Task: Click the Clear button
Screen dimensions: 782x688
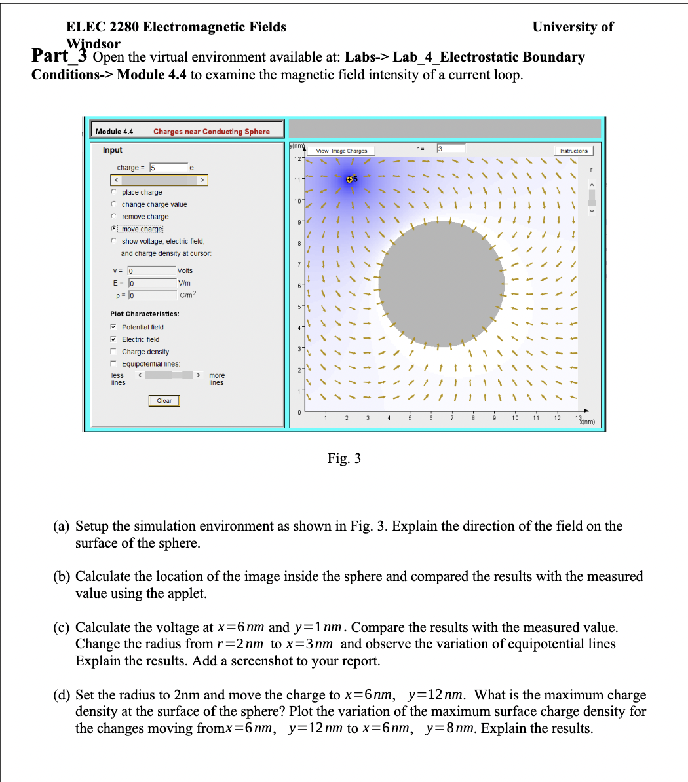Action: point(164,401)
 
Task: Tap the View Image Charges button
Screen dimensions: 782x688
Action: point(341,151)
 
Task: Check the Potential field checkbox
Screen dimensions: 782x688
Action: point(113,327)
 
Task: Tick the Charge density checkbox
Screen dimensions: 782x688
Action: point(113,352)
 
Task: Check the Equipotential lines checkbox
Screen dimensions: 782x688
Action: point(113,364)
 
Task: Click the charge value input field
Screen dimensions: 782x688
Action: point(168,168)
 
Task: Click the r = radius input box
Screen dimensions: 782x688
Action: point(451,149)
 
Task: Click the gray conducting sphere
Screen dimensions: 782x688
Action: point(442,284)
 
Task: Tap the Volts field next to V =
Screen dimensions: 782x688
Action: point(151,271)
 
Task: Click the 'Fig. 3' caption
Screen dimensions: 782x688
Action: point(344,458)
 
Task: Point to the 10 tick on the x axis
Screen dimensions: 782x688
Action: point(515,417)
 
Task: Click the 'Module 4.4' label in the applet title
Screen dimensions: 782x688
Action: point(114,132)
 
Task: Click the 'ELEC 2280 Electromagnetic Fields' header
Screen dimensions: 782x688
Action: point(176,27)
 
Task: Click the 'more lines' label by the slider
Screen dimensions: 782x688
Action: point(216,379)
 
